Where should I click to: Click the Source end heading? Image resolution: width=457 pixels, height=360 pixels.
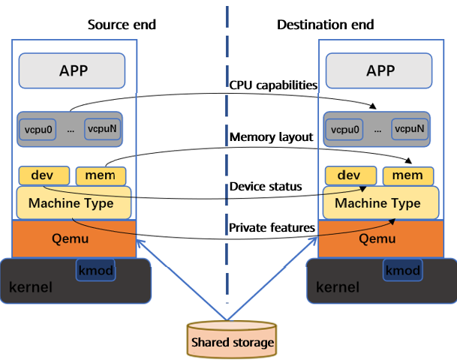point(122,25)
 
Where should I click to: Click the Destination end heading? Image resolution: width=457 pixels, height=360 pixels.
point(325,25)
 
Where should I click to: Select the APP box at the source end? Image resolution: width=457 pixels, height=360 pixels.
point(74,70)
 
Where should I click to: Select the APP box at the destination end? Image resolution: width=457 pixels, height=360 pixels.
point(379,70)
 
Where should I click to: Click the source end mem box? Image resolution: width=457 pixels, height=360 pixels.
point(95,175)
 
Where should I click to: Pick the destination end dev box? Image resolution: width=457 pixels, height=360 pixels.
point(350,175)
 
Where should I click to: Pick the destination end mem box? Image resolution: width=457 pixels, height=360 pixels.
point(408,175)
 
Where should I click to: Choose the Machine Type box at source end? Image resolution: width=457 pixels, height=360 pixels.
point(71,202)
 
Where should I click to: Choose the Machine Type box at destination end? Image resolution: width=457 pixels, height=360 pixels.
point(377,202)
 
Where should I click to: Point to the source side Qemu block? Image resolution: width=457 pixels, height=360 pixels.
point(74,238)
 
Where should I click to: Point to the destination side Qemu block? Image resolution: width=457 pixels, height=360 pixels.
point(380,238)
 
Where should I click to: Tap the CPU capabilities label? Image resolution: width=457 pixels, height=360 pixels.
point(272,85)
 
